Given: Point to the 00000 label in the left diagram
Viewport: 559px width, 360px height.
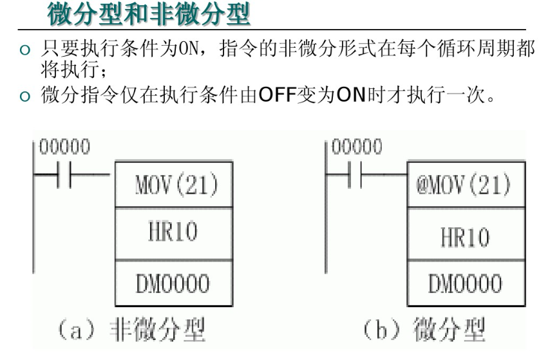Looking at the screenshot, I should coord(64,147).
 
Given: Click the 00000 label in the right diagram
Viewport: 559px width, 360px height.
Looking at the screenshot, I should coord(356,147).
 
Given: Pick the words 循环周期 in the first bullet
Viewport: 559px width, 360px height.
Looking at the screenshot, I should coord(465,50).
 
